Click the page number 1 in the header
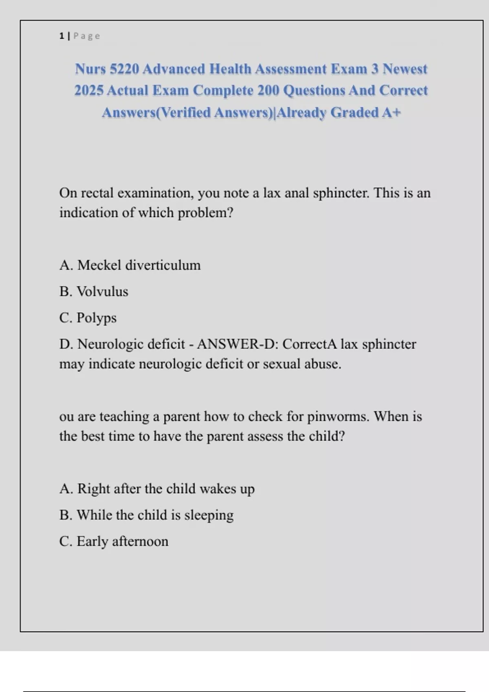click(x=62, y=36)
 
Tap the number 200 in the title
click(x=269, y=90)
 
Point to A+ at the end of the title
click(x=392, y=112)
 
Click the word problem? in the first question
click(x=205, y=213)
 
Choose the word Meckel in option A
click(x=99, y=265)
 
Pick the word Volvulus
click(x=102, y=291)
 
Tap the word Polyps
click(x=97, y=318)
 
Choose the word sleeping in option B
click(x=209, y=515)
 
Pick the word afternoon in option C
click(x=140, y=541)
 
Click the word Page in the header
click(x=86, y=36)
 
